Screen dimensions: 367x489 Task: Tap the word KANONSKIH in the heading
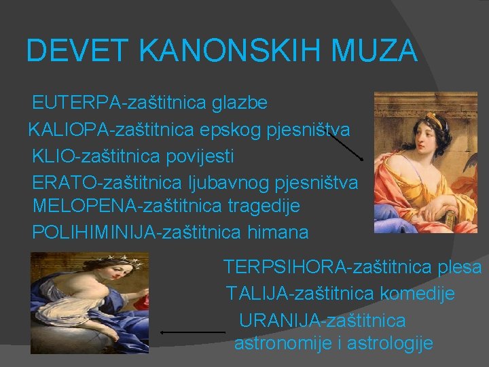click(214, 51)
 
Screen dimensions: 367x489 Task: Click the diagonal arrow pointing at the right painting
click(346, 145)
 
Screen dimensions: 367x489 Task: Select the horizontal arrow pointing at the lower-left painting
click(192, 332)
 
